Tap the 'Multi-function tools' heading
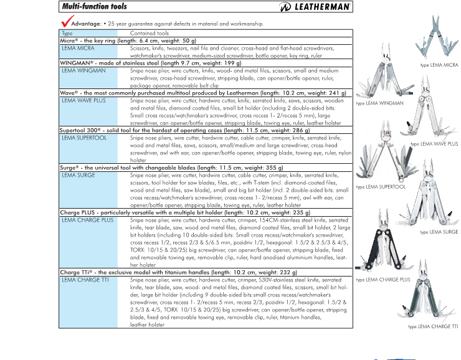pyautogui.click(x=93, y=7)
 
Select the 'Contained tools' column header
pyautogui.click(x=150, y=33)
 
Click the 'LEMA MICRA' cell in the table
pyautogui.click(x=78, y=47)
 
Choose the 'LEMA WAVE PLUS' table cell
pyautogui.click(x=84, y=100)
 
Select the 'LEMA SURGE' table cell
pyautogui.click(x=78, y=176)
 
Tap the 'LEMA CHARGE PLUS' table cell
pyautogui.click(x=88, y=220)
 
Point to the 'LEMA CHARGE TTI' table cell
pyautogui.click(x=86, y=280)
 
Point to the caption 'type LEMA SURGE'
pyautogui.click(x=439, y=232)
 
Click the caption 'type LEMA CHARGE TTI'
pyautogui.click(x=433, y=326)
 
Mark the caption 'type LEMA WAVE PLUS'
pyautogui.click(x=434, y=144)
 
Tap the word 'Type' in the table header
pyautogui.click(x=67, y=33)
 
